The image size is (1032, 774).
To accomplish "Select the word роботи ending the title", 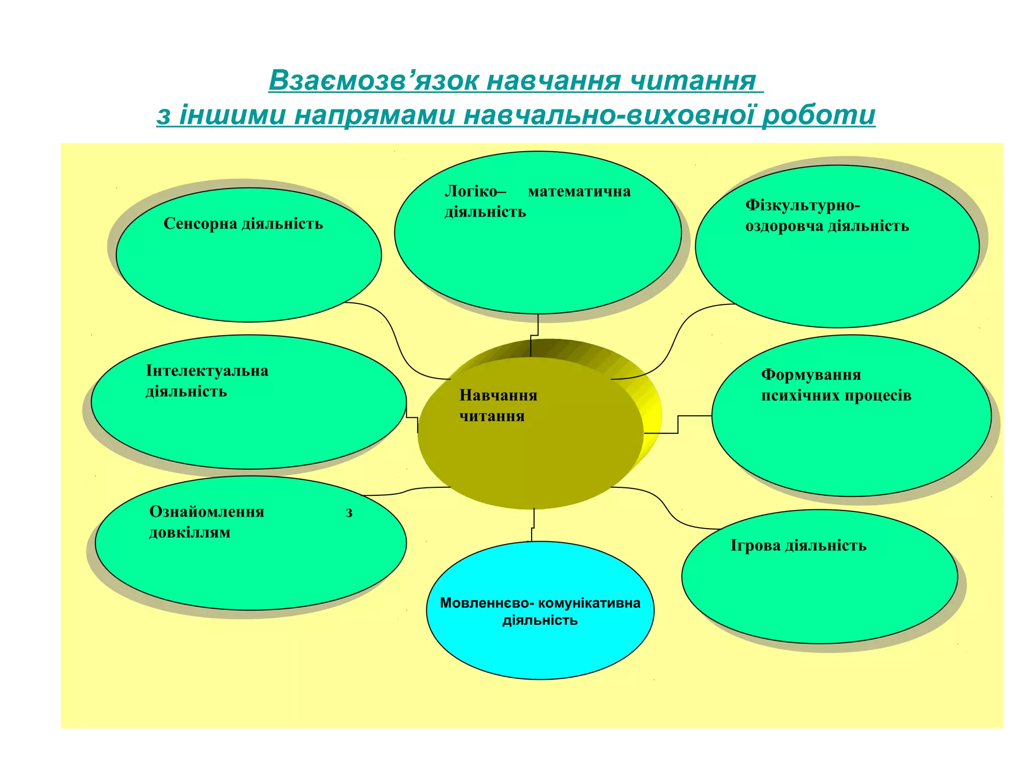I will (x=818, y=115).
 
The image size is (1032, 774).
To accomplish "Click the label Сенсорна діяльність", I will (x=243, y=224).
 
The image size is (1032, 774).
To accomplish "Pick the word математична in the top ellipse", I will (x=579, y=191).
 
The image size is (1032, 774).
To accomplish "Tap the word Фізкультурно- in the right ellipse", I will (x=802, y=205).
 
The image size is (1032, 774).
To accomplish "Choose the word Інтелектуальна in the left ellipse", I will (x=207, y=371).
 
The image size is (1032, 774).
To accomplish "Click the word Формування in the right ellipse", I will (x=811, y=375).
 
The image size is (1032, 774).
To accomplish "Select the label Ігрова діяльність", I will (x=798, y=545).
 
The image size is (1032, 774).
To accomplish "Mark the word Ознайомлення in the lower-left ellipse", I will (x=207, y=512).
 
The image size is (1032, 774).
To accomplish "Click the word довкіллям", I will (x=189, y=533).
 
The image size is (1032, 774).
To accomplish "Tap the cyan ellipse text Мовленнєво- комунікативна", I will (x=540, y=603).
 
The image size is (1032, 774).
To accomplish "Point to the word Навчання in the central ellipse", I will (x=498, y=396).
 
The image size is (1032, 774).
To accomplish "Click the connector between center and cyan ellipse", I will (x=533, y=525).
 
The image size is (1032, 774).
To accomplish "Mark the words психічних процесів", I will (x=836, y=396).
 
